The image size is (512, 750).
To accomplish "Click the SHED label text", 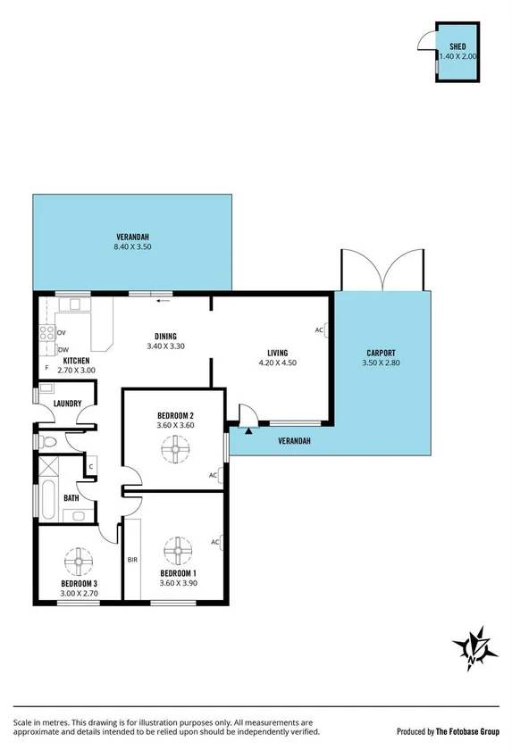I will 457,46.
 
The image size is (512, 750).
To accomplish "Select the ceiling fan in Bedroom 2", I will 175,454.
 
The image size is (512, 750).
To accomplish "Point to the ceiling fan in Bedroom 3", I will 79,562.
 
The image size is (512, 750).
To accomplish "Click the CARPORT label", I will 381,353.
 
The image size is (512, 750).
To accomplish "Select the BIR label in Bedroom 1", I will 132,560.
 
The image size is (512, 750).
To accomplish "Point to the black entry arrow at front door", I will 248,430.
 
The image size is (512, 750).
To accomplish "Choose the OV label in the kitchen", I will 62,333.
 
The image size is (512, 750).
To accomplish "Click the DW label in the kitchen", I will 63,349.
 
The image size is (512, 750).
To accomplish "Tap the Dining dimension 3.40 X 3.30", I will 164,346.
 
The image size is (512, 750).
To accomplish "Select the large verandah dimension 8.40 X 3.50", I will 132,246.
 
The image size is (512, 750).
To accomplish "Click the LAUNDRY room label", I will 67,404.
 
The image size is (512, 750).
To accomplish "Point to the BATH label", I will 71,498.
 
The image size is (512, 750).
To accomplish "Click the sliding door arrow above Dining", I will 163,301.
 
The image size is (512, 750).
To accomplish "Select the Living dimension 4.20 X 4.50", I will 277,363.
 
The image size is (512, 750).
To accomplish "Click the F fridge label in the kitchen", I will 46,368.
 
